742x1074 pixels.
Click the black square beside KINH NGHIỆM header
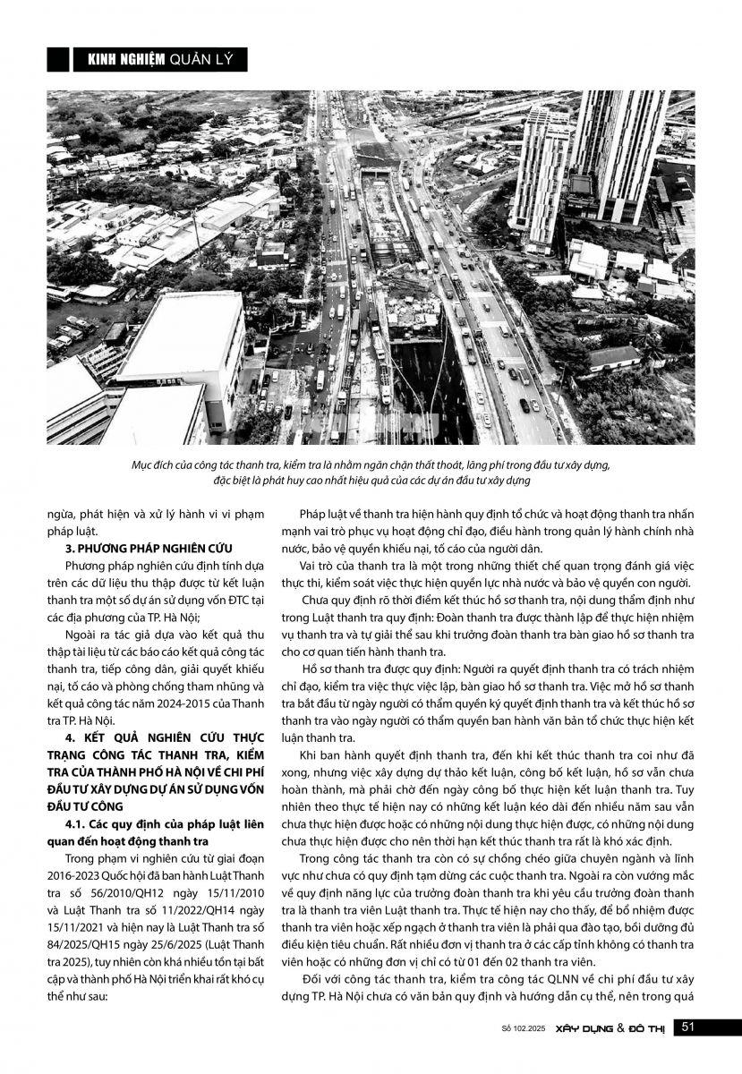(x=58, y=59)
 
